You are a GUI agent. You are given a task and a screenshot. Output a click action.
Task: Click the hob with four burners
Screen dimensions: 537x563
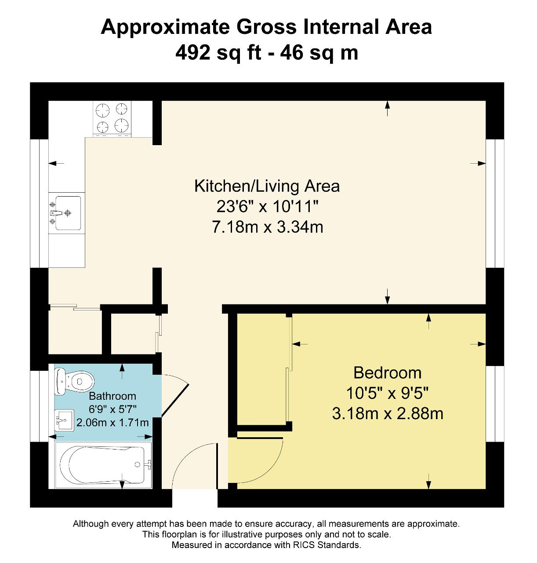click(x=112, y=118)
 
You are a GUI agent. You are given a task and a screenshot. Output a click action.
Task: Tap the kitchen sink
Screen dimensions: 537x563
click(x=67, y=213)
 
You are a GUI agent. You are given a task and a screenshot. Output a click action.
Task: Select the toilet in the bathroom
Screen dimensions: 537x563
click(x=74, y=381)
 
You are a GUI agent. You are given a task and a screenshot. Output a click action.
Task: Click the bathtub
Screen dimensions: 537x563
click(x=103, y=465)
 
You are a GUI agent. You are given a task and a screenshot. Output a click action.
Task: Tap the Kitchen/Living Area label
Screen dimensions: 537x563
click(x=267, y=186)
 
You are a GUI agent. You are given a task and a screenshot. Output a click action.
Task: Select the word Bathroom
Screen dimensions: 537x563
click(x=112, y=396)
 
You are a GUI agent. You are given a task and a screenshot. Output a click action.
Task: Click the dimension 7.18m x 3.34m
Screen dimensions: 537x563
click(x=267, y=227)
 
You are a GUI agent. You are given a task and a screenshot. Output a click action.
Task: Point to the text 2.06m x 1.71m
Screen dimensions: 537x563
click(x=112, y=423)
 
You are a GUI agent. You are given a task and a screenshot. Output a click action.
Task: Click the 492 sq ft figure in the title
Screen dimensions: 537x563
click(x=218, y=52)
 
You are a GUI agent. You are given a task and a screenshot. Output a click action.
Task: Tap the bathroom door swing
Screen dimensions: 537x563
click(x=175, y=396)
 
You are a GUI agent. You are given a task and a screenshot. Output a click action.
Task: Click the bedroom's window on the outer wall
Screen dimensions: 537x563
click(x=495, y=404)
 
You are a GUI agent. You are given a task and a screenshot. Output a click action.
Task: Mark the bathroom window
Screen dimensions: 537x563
click(x=39, y=406)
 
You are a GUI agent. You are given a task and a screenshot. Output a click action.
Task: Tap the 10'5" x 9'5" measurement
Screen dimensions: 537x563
click(x=387, y=393)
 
